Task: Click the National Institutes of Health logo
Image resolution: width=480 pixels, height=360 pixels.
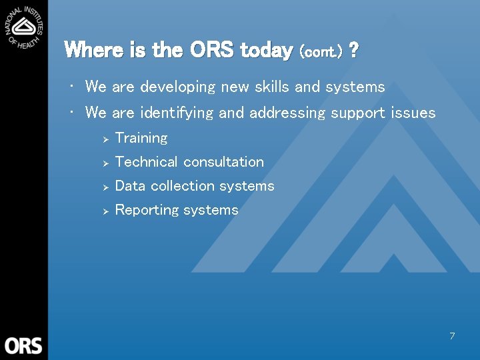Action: coord(24,27)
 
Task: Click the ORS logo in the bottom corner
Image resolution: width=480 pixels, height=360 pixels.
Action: coord(23,345)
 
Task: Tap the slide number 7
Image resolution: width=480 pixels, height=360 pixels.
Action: coord(452,336)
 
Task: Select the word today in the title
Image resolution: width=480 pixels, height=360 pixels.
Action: coord(266,50)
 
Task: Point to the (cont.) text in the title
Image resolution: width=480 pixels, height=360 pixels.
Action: coord(321,51)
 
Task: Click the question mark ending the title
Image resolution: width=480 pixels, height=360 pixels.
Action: coord(354,50)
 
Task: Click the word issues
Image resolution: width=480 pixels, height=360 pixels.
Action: coord(413,113)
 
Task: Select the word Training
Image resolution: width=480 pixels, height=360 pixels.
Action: coord(141,138)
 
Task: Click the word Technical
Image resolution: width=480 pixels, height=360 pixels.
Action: coord(146,162)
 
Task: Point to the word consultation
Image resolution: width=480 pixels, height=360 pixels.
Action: coord(223,162)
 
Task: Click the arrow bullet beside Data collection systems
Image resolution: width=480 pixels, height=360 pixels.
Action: coord(105,187)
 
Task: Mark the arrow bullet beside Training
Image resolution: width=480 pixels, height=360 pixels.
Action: coord(105,139)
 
